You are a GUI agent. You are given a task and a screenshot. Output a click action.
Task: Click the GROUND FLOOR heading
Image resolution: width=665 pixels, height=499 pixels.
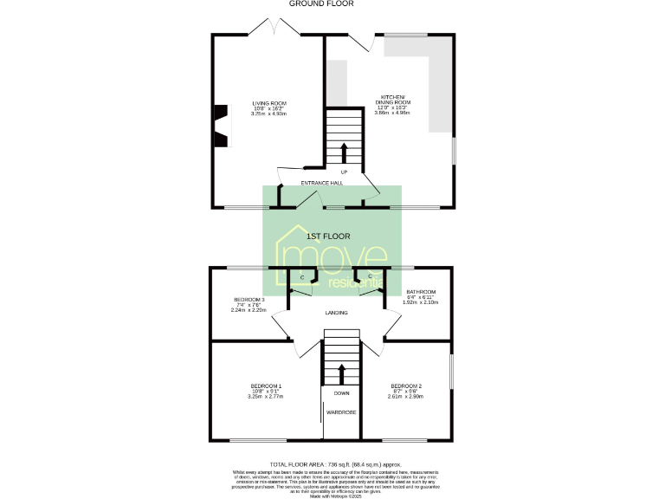[x=332, y=4]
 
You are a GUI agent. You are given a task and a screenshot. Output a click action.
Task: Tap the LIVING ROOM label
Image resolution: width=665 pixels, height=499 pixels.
[x=268, y=103]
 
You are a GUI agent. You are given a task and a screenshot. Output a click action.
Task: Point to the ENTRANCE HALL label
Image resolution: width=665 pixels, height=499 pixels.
[x=322, y=184]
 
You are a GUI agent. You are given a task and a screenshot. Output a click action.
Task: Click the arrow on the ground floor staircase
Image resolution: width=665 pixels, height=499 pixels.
[x=343, y=152]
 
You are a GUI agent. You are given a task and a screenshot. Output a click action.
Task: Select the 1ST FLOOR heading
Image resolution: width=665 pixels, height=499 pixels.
[x=328, y=236]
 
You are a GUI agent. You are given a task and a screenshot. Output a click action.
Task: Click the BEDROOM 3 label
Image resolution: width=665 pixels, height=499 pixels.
[x=249, y=299]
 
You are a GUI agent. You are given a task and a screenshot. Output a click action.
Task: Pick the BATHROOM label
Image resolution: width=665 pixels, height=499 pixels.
[x=421, y=292]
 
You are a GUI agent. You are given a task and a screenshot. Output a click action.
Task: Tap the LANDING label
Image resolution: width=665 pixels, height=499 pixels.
[x=337, y=313]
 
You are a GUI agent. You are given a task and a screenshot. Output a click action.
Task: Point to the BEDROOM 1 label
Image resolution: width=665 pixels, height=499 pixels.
[x=267, y=386]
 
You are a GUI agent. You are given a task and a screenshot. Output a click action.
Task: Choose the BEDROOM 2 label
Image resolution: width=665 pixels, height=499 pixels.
[x=406, y=386]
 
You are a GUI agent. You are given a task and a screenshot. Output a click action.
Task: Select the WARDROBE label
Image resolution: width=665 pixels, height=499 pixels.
[x=341, y=412]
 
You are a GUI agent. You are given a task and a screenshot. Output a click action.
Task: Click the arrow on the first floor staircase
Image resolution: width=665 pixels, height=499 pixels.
[x=341, y=373]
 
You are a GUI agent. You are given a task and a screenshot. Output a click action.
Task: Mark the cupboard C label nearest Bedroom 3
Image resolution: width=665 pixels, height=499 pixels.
[x=302, y=277]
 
